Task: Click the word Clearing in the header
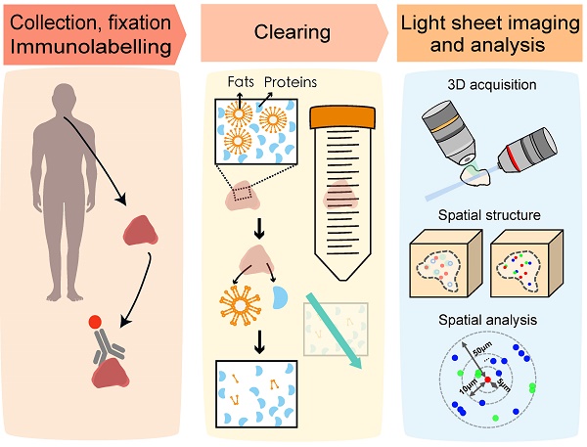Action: pos(292,34)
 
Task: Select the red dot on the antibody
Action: pos(94,322)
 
